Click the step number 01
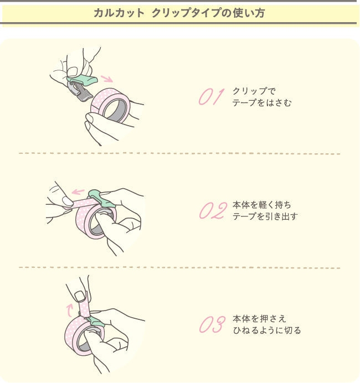tap(210, 96)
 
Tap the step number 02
tap(213, 211)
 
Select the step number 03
tap(212, 325)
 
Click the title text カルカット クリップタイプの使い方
tap(179, 13)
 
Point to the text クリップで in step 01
tap(254, 91)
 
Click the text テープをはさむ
tap(262, 102)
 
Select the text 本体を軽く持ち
tap(262, 205)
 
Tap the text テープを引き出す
tap(265, 216)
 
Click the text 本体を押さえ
tap(260, 319)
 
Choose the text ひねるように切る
tap(267, 330)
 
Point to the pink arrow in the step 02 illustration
tap(79, 192)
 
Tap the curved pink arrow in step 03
tap(69, 307)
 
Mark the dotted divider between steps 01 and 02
tap(179, 153)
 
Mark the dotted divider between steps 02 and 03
tap(179, 267)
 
